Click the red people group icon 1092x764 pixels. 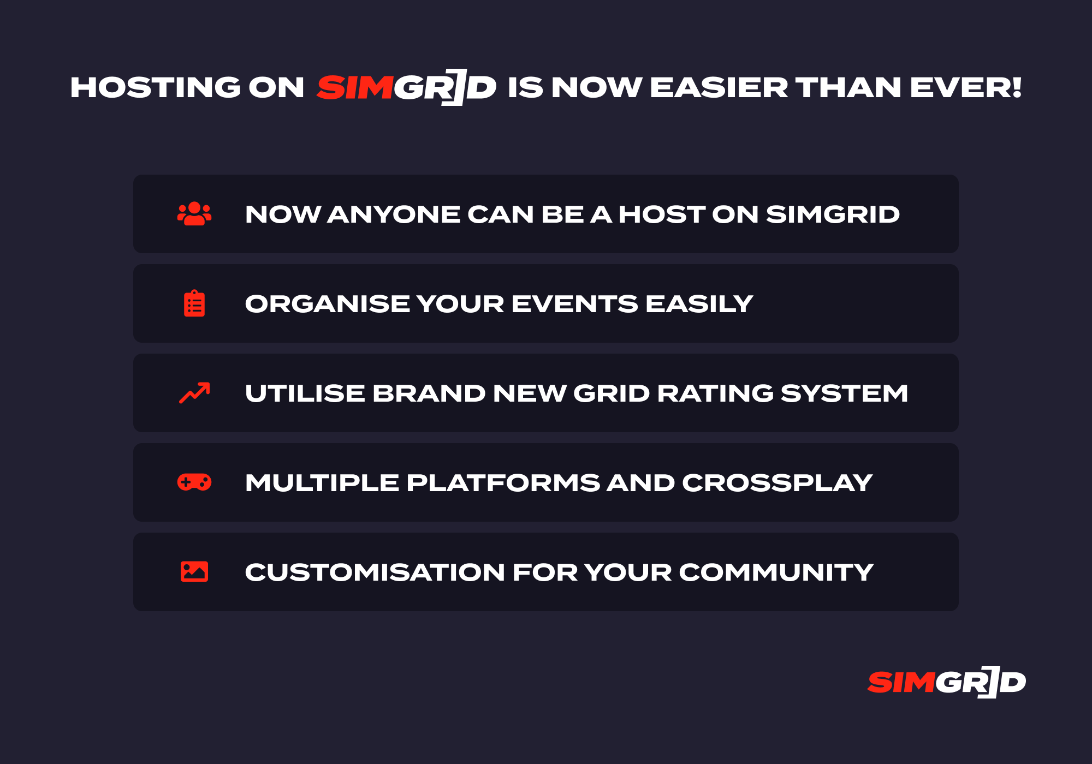coord(194,214)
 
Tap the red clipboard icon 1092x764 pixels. coord(194,303)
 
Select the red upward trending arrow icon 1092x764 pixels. coord(194,393)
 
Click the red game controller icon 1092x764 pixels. coord(194,482)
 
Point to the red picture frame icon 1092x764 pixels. coord(194,572)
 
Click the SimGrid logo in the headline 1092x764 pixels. coord(406,87)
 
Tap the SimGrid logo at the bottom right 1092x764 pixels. coord(947,682)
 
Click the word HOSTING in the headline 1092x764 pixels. coord(156,87)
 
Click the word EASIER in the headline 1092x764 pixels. coord(719,87)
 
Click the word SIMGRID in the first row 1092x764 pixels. coord(833,214)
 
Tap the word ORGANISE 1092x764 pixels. coord(327,303)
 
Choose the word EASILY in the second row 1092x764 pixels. coord(699,303)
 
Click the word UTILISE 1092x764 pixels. coord(305,393)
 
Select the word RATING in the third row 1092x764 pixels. coord(715,393)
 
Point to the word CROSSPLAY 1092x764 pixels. coord(777,482)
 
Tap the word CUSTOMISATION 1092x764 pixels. coord(375,572)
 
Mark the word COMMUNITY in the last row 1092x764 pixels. coord(776,572)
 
